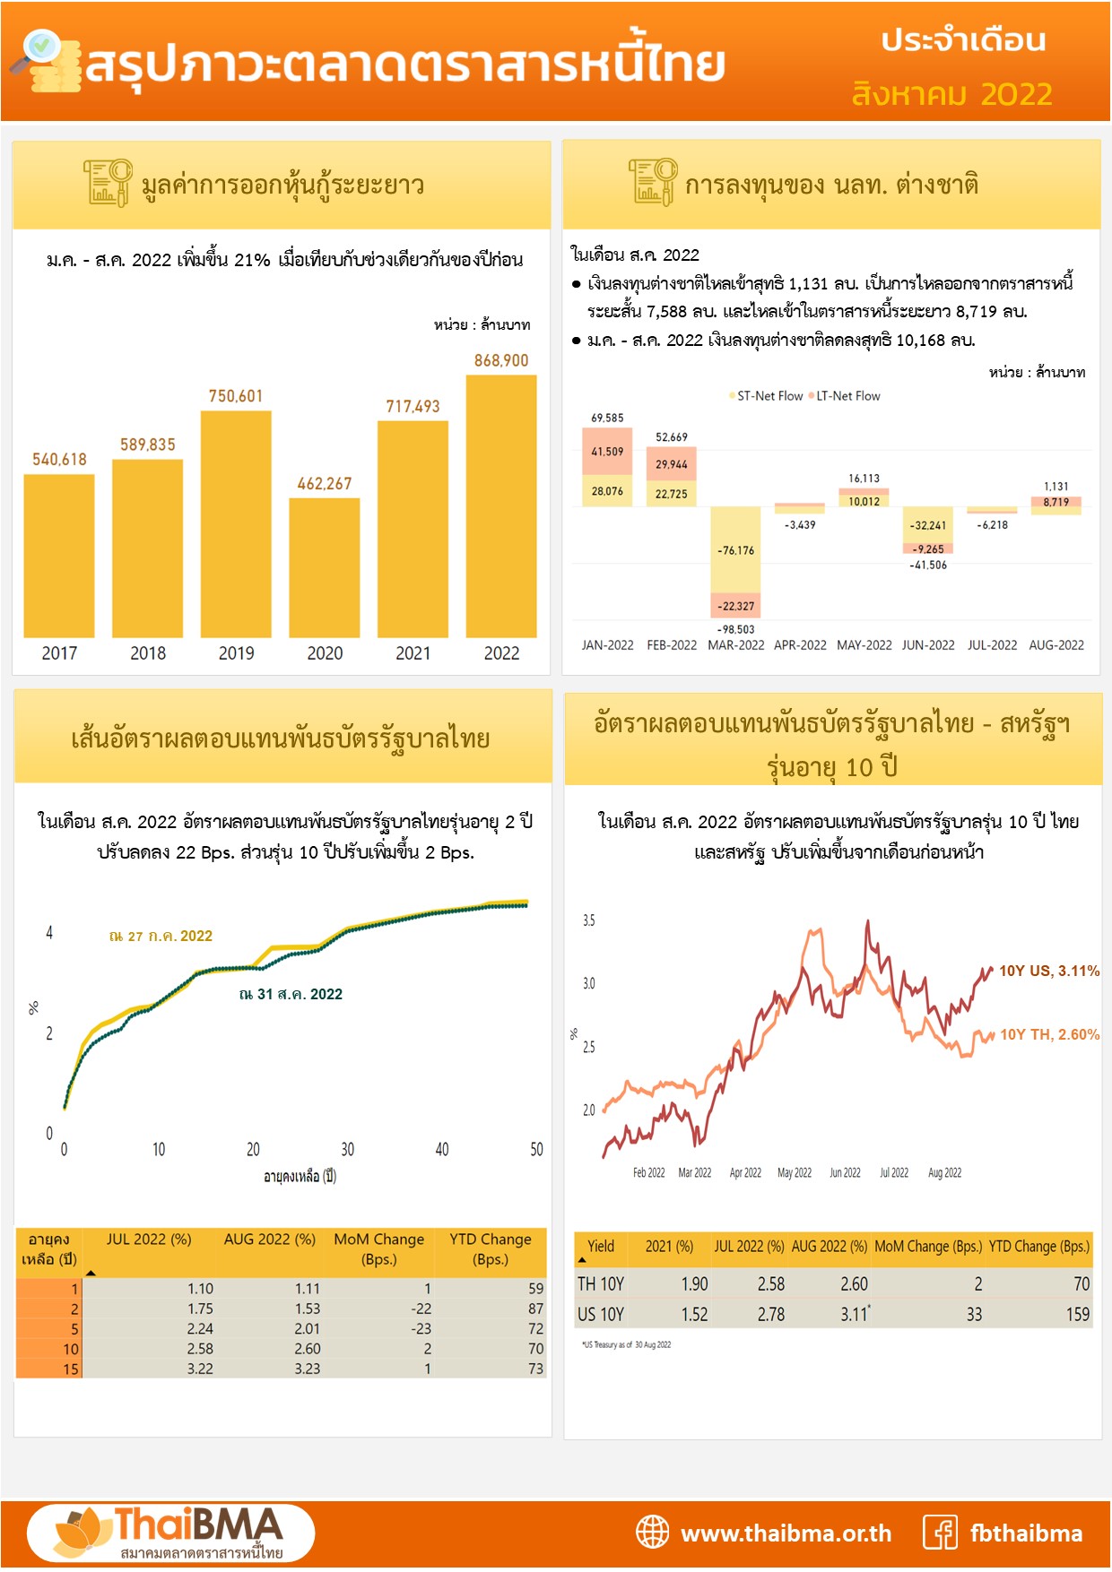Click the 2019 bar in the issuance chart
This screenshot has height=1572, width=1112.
236,524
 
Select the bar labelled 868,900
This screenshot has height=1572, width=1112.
501,506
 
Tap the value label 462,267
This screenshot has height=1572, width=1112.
325,484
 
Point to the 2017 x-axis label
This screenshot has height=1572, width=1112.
59,653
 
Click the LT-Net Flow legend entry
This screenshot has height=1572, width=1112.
847,396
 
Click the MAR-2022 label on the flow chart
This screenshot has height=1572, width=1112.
736,645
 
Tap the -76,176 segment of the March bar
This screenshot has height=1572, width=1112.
735,550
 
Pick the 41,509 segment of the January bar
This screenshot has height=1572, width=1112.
607,452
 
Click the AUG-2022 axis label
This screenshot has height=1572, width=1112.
1056,645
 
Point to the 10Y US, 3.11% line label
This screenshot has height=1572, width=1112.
1048,971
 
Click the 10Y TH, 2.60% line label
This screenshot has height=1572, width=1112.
1049,1034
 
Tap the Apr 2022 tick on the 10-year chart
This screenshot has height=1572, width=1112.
745,1173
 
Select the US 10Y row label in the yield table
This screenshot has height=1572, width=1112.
601,1314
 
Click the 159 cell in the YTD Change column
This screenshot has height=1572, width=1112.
1077,1314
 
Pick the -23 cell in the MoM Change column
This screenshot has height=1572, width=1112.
421,1328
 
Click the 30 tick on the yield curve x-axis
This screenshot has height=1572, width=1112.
347,1150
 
